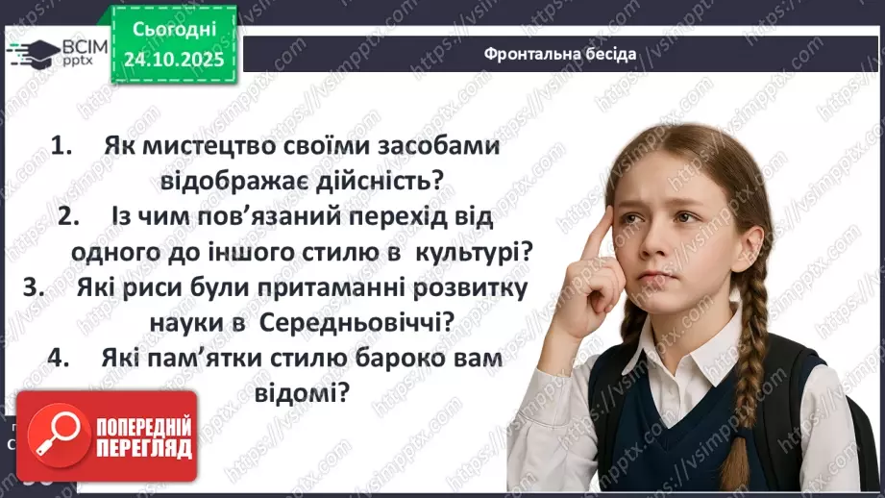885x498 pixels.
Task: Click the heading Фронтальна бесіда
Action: tap(559, 53)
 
